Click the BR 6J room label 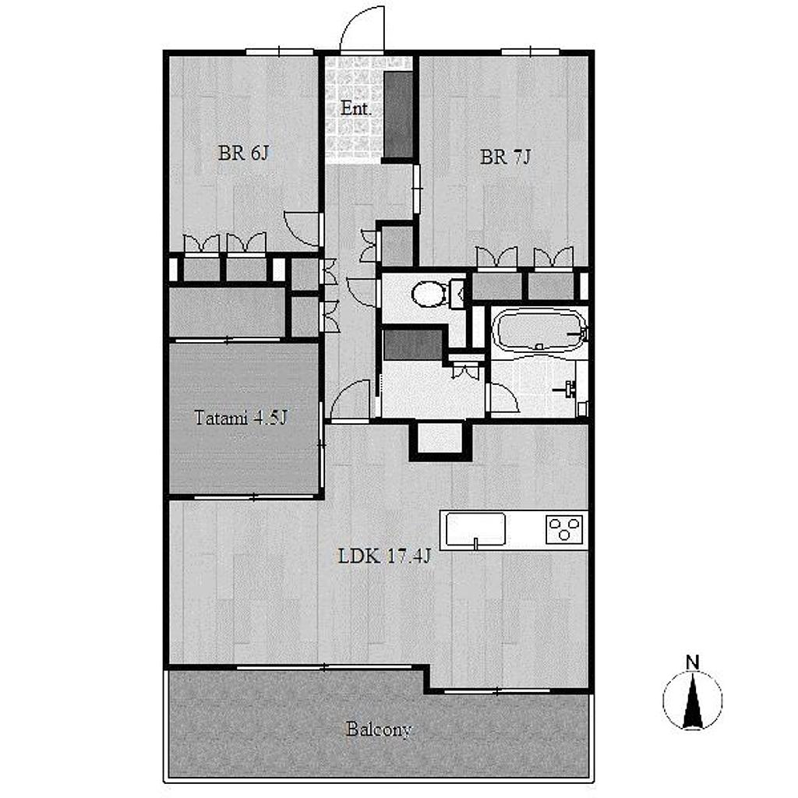click(243, 153)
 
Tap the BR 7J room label click(505, 157)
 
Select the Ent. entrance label click(355, 108)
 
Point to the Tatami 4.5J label click(241, 418)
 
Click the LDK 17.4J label click(384, 556)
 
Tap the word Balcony click(379, 729)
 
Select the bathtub click(540, 330)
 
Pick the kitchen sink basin click(475, 529)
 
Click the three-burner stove click(564, 529)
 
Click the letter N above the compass click(692, 662)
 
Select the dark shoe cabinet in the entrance click(398, 115)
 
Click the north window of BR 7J click(530, 51)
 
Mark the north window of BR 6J click(280, 51)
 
